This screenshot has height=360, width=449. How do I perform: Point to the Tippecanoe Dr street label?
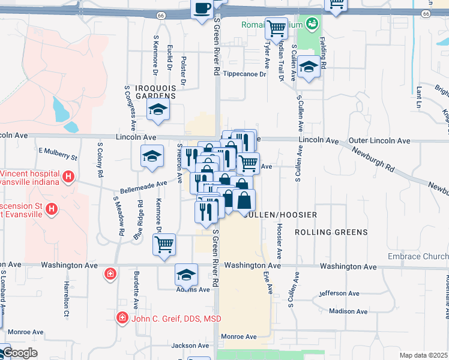244,74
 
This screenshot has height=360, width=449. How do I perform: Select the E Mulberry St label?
58,154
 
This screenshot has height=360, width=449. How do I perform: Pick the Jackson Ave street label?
190,346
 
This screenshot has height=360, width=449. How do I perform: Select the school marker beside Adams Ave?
187,274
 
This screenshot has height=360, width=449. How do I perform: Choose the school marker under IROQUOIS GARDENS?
158,109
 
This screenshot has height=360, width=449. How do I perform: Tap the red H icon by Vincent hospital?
68,177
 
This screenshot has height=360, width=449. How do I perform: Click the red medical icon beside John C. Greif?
122,317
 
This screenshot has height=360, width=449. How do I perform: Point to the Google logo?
19,353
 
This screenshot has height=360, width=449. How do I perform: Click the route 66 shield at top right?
426,13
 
